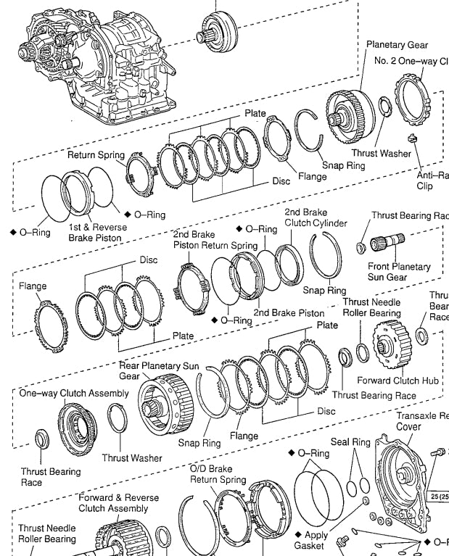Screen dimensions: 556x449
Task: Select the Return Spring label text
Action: click(x=96, y=155)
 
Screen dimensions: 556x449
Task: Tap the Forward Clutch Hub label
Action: click(x=397, y=380)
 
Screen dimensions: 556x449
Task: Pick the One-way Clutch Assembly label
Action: click(x=74, y=393)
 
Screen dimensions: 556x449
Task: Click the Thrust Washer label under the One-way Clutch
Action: click(x=131, y=457)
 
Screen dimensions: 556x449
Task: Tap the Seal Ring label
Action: click(x=350, y=441)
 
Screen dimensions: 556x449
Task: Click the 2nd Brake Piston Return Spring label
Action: click(x=215, y=240)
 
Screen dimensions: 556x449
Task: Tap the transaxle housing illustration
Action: click(x=102, y=65)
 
